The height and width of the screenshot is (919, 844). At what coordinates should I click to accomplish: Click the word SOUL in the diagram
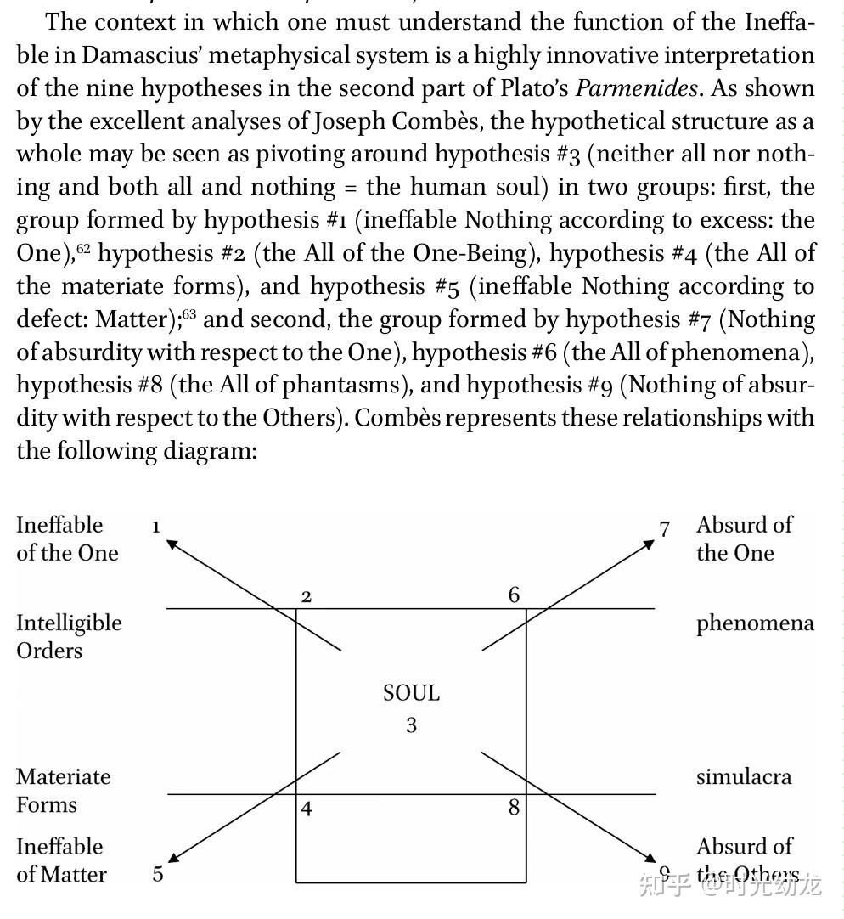pos(411,693)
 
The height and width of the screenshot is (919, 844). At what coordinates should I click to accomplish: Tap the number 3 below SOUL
pos(411,725)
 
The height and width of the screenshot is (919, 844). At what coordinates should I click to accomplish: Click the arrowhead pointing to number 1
pos(172,543)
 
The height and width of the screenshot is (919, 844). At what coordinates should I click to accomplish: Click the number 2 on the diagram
pos(307,597)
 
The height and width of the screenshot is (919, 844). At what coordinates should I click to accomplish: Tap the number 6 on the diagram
pos(514,595)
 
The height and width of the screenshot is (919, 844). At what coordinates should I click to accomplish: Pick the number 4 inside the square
pos(307,809)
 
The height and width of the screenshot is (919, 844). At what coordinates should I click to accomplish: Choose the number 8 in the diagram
pos(514,807)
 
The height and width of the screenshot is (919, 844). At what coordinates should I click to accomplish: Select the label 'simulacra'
pos(743,776)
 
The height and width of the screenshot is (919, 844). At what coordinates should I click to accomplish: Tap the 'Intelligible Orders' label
pos(68,636)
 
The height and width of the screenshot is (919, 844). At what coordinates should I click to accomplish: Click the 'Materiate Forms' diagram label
pos(63,790)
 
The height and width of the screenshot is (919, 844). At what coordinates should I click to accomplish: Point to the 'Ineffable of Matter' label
pos(61,860)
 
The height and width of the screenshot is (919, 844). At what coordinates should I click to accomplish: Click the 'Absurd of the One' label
pos(743,538)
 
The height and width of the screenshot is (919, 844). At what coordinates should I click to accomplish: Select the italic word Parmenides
pos(637,88)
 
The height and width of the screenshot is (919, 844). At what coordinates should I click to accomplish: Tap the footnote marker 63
pos(188,315)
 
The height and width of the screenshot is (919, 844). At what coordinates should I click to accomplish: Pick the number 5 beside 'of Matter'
pos(158,874)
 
